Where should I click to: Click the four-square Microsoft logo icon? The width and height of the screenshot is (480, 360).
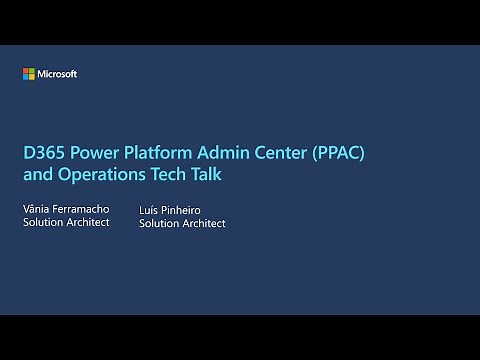coord(29,74)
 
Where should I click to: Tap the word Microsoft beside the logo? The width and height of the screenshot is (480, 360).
coord(57,74)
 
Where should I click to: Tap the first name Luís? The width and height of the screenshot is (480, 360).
coord(150,211)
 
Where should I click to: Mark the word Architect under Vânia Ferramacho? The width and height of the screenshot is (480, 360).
coord(89,221)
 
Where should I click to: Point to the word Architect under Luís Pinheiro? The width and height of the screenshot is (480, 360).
coord(205,224)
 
